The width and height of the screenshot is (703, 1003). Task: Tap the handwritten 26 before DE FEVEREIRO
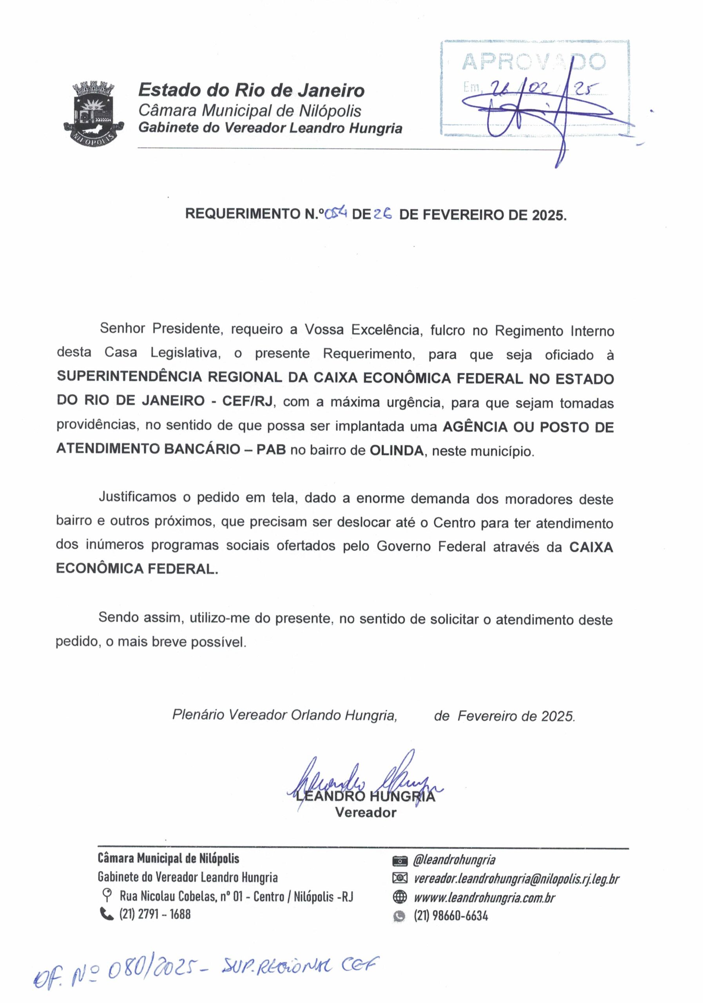tap(383, 214)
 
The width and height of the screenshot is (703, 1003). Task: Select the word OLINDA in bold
tap(396, 451)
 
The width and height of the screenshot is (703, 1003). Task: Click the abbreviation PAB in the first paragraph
tap(271, 449)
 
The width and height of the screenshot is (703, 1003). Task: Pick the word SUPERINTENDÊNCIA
tap(129, 377)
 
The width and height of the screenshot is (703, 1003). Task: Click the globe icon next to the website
tap(400, 897)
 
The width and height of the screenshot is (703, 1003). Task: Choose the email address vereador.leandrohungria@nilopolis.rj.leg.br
tap(516, 878)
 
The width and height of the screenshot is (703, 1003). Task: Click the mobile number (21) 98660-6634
tap(451, 916)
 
